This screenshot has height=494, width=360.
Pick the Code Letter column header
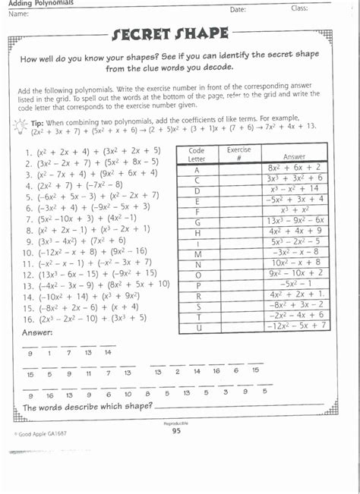(x=197, y=153)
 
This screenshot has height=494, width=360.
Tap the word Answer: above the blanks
(x=37, y=332)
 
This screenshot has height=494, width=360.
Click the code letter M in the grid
(x=197, y=252)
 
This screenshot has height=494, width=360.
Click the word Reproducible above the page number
(x=176, y=423)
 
